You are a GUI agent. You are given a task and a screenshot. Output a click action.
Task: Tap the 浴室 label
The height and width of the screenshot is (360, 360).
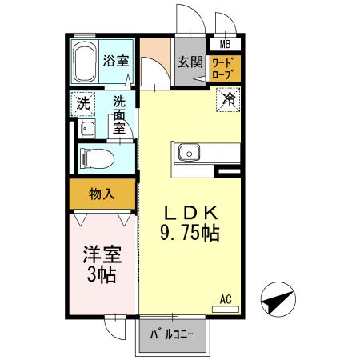click(x=116, y=60)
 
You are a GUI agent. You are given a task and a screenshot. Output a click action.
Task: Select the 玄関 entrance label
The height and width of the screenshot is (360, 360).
click(x=189, y=61)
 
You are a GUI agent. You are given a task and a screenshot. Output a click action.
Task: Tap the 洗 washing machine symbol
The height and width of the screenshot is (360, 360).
click(x=82, y=103)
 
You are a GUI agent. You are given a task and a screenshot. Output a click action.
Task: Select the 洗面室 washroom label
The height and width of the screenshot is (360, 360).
click(x=119, y=113)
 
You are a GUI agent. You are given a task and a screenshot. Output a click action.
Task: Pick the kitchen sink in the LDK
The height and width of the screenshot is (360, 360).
click(x=190, y=151)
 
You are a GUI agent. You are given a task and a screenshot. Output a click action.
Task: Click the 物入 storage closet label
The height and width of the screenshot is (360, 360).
click(x=102, y=193)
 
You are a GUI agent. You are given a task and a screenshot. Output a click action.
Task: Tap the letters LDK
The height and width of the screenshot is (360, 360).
click(x=191, y=214)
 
